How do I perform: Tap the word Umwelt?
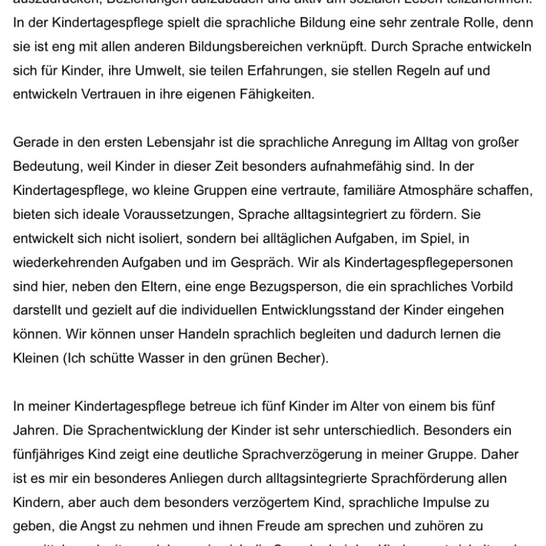159,71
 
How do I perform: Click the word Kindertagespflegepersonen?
429,262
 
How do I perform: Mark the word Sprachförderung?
420,478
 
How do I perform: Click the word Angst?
96,526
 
